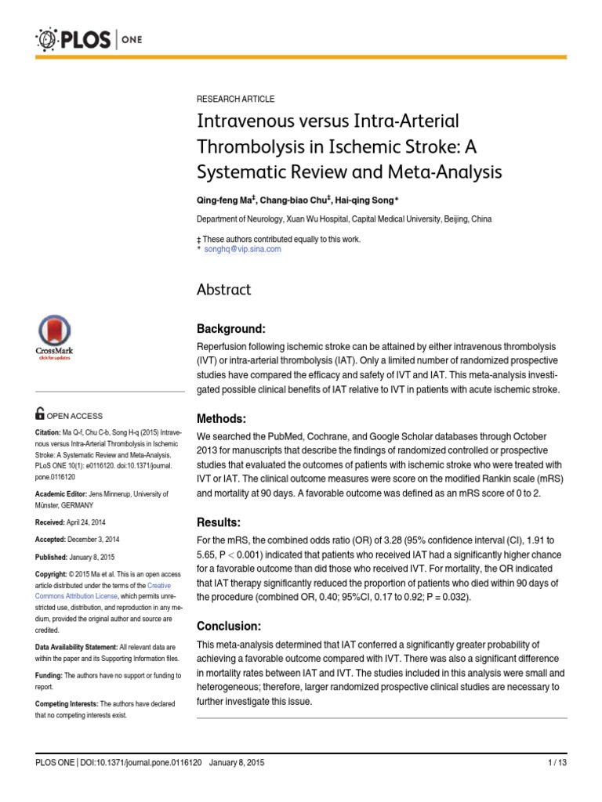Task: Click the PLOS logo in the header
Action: [78, 38]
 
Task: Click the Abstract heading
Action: [223, 290]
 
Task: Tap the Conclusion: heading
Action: [229, 627]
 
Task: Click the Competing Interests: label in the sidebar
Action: [65, 704]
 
